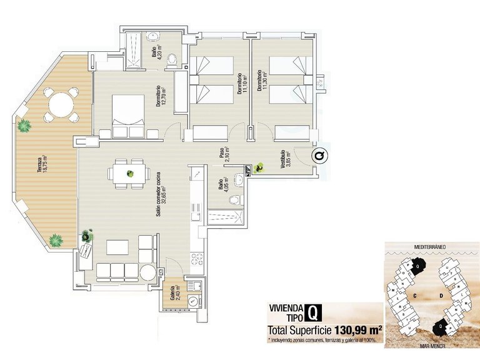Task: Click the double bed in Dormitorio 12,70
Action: [128, 115]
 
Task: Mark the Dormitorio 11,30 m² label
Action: [259, 80]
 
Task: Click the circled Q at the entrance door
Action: [319, 155]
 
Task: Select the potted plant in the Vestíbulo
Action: [257, 167]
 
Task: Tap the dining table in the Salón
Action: [129, 173]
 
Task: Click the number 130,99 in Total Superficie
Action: [354, 329]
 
